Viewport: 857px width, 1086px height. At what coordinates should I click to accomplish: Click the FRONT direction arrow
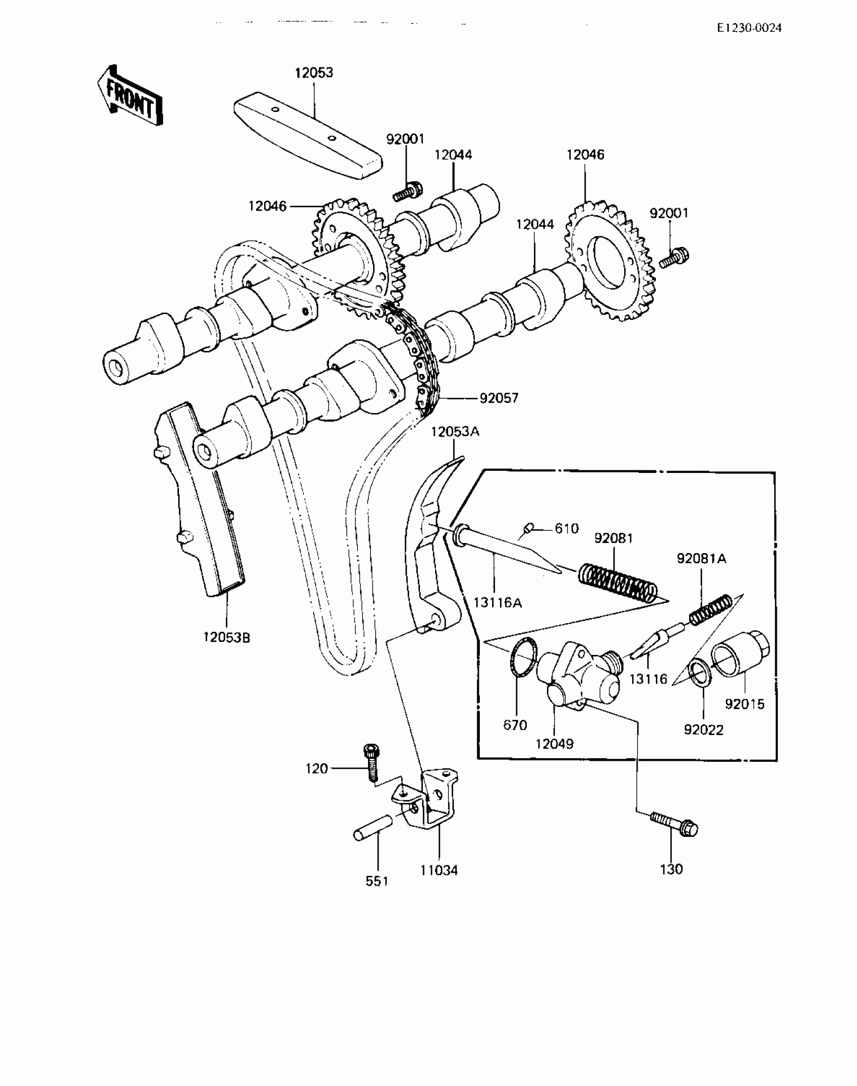click(x=130, y=96)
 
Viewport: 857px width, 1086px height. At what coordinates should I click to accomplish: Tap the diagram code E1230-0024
click(x=749, y=28)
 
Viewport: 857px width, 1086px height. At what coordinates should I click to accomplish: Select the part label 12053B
click(x=227, y=637)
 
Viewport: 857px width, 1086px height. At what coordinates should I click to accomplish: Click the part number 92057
click(x=499, y=398)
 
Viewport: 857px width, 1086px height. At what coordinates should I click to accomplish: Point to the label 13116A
click(x=498, y=602)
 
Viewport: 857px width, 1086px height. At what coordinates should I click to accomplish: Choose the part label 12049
click(x=555, y=744)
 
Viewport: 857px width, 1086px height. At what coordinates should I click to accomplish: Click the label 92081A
click(x=701, y=559)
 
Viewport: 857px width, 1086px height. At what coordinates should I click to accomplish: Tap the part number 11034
click(x=439, y=870)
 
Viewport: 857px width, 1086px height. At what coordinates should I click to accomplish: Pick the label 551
click(x=377, y=881)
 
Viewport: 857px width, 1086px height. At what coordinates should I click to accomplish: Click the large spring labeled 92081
click(x=618, y=582)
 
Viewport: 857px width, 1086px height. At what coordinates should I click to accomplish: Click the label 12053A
click(x=455, y=432)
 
